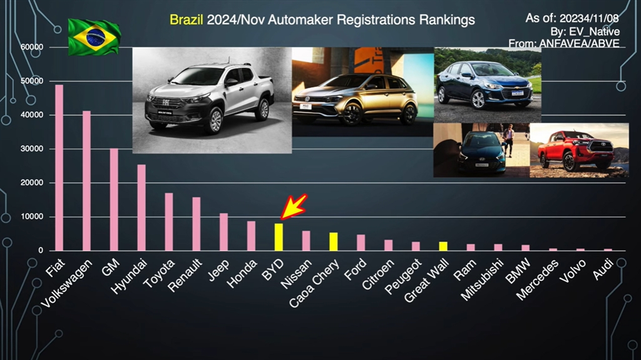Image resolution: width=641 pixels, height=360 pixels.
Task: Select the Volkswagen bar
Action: tap(86, 181)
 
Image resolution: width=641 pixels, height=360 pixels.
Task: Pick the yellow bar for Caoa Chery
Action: tap(333, 242)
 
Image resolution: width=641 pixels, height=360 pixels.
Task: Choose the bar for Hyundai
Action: tap(141, 207)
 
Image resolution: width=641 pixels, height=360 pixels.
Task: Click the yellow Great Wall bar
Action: tap(443, 246)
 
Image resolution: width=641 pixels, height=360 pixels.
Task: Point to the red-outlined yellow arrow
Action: tap(294, 206)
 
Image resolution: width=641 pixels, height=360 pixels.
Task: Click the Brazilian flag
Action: tap(94, 37)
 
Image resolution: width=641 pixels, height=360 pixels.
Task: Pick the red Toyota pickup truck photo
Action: tap(578, 150)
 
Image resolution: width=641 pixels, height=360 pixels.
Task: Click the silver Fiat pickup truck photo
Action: tap(212, 100)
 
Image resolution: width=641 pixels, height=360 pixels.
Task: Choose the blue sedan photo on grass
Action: tap(487, 85)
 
